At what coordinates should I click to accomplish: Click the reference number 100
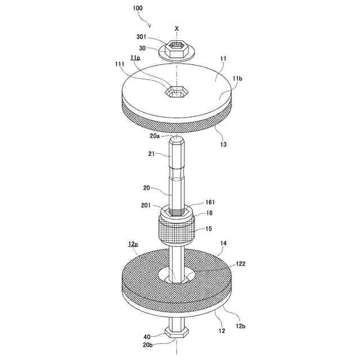(x=138, y=9)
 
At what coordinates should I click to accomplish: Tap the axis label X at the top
(x=177, y=28)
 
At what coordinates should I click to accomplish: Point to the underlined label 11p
(x=135, y=58)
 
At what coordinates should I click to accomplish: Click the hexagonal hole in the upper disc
(x=176, y=91)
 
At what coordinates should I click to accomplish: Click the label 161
(x=210, y=202)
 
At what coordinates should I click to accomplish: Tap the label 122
(x=240, y=263)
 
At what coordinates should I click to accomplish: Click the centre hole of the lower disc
(x=177, y=276)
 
